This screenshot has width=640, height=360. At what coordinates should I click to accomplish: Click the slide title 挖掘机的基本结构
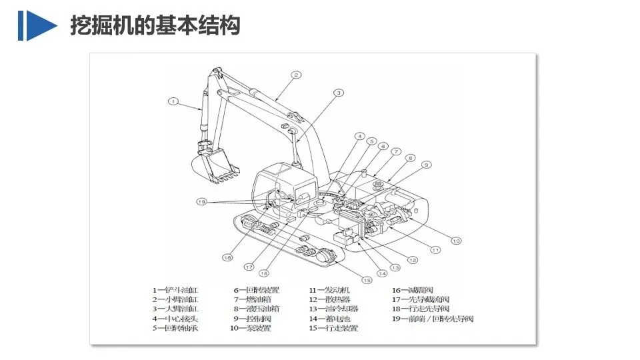(x=155, y=25)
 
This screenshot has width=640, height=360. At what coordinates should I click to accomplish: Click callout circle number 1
(x=173, y=102)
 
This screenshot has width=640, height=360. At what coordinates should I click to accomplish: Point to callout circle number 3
(x=339, y=93)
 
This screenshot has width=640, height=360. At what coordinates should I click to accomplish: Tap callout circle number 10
(x=456, y=241)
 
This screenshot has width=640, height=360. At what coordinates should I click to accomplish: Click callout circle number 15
(x=367, y=279)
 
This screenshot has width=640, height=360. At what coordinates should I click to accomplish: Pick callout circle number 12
(x=413, y=260)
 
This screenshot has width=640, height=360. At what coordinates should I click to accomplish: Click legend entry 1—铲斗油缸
(x=175, y=291)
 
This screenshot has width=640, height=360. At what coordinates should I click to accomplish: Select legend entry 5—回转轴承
(x=175, y=328)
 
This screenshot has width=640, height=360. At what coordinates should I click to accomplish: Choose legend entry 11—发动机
(x=329, y=291)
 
